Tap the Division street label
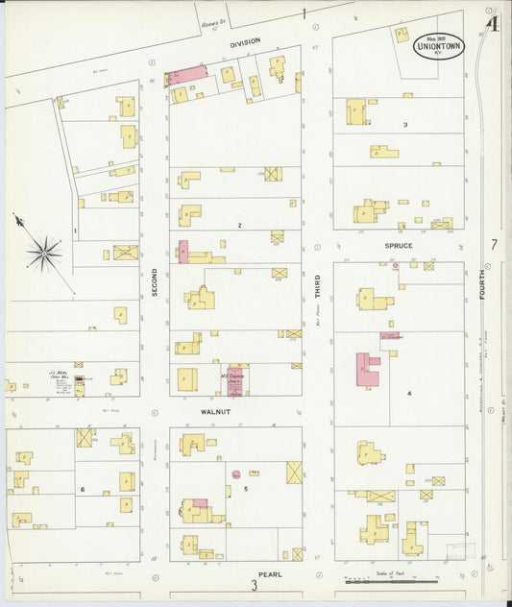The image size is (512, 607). pos(245,44)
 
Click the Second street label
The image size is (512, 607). pos(154,281)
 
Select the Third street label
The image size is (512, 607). pos(318,289)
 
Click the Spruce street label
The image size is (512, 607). pos(399,246)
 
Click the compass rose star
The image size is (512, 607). pos(43,254)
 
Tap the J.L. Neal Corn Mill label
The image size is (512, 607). pos(61,375)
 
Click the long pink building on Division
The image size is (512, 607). pos(189,74)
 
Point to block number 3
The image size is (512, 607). pos(405,125)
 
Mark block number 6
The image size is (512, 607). pos(83,490)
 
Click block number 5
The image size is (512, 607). pos(246,490)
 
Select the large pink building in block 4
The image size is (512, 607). pos(367,369)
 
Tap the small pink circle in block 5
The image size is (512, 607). pos(235,473)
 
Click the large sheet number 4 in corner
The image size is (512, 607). pos(493,23)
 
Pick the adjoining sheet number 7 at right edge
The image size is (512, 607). pos(494,245)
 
